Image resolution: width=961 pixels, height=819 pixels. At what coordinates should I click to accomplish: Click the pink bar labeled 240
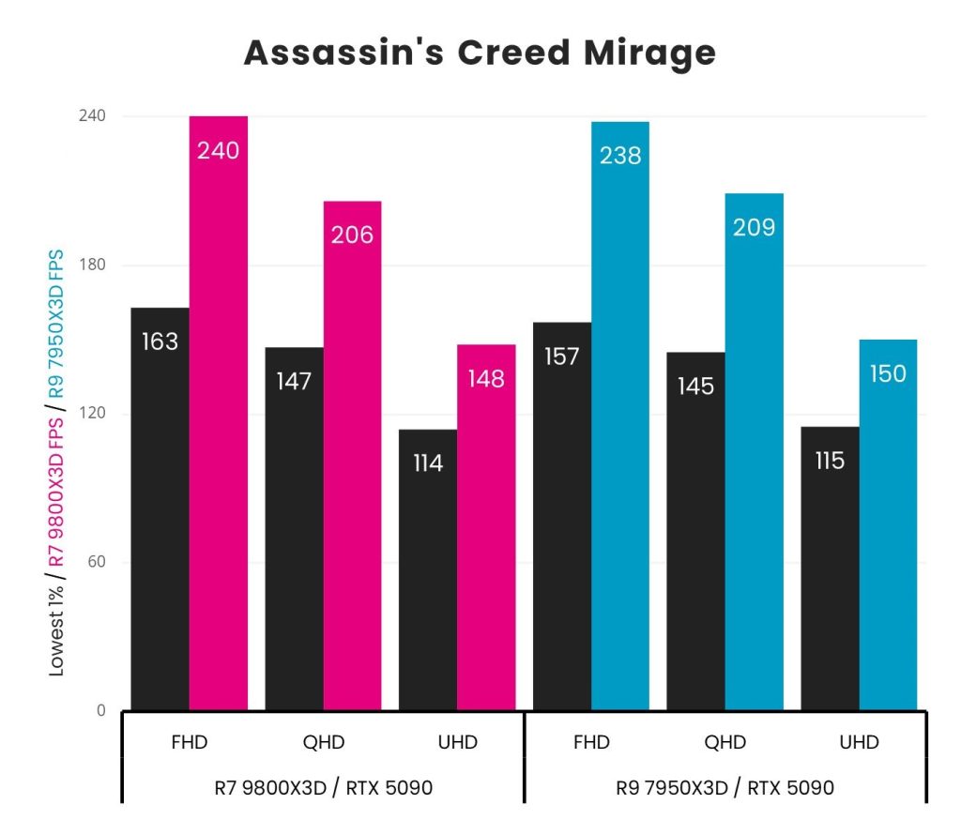219,413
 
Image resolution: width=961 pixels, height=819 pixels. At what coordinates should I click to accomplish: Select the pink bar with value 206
352,455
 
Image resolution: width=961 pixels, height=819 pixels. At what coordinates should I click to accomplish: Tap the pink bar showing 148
486,526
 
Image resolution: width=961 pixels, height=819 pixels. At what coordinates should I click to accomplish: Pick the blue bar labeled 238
620,416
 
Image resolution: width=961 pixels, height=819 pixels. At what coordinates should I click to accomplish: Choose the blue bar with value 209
754,451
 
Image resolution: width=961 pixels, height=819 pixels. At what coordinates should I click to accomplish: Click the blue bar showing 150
888,524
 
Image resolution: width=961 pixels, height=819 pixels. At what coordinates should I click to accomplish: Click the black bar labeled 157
562,516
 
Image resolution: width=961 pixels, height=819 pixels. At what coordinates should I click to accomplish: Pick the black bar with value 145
695,531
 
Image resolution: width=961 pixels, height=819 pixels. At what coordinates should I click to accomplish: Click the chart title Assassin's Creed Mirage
480,53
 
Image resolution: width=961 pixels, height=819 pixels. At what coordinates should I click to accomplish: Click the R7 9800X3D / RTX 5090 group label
323,787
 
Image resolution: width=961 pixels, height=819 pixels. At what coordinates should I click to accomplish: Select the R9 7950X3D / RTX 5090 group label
725,787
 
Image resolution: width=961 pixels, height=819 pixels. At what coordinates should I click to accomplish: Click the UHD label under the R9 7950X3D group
859,743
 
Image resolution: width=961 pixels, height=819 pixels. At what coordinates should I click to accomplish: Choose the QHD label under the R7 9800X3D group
324,743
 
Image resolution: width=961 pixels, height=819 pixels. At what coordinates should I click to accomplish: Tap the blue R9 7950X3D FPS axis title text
56,323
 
